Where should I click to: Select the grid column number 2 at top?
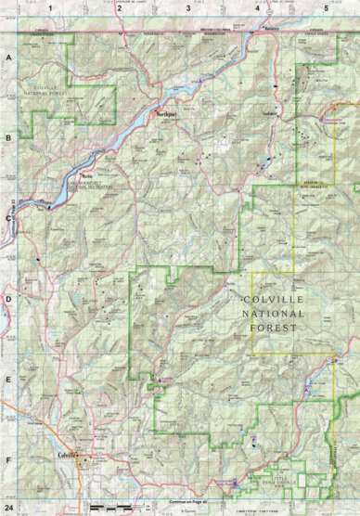[x=120, y=6]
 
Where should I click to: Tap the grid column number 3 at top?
[x=188, y=6]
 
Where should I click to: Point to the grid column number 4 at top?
[x=257, y=6]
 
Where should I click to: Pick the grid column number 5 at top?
[x=326, y=6]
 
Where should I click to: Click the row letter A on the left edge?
[x=8, y=57]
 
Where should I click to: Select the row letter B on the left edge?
[x=8, y=137]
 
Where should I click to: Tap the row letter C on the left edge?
[x=8, y=218]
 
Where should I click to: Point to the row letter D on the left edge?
[x=8, y=299]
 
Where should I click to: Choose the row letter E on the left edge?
[x=8, y=380]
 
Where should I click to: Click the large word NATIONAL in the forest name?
[x=272, y=315]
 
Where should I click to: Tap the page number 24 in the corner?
[x=9, y=510]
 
